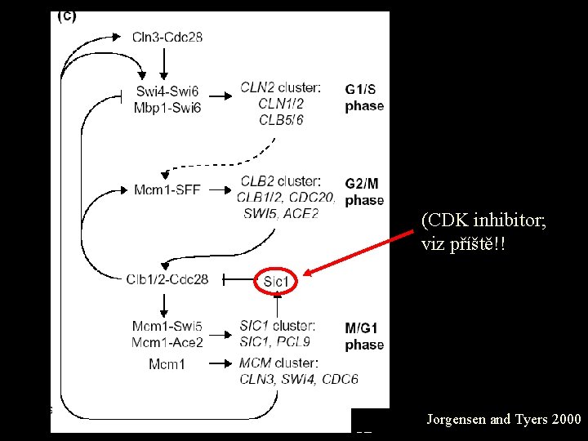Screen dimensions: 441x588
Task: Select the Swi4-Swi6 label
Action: tap(167, 91)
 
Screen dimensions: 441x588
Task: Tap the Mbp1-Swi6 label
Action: tap(167, 107)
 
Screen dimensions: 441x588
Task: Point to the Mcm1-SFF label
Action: tap(167, 190)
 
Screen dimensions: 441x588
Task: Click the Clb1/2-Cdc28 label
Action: tap(167, 279)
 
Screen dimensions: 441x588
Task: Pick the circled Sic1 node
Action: tap(277, 282)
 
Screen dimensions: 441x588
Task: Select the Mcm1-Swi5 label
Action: tap(167, 327)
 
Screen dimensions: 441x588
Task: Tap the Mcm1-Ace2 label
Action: tap(167, 342)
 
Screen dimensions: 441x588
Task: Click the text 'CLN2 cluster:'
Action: tap(280, 87)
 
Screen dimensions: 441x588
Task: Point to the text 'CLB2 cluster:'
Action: tap(280, 180)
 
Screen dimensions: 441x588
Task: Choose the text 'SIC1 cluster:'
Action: tap(278, 326)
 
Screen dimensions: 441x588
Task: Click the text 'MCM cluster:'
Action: tap(278, 363)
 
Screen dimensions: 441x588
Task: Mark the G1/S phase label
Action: tap(364, 97)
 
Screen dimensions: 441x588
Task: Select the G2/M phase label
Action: tap(364, 191)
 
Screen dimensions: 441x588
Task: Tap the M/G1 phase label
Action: tap(364, 336)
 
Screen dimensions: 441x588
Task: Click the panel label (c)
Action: tap(65, 17)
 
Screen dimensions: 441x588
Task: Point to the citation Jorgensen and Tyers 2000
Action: tap(504, 420)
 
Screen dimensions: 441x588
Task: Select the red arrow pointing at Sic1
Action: tap(359, 253)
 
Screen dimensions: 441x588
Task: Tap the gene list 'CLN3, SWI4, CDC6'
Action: tap(298, 378)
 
